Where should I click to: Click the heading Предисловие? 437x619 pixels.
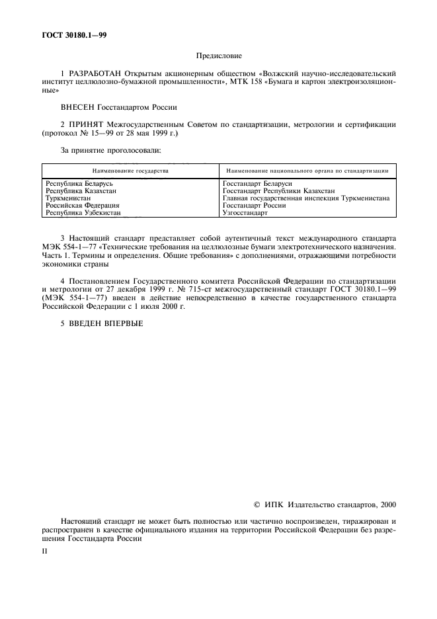click(219, 58)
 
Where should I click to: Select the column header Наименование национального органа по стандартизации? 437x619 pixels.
click(307, 170)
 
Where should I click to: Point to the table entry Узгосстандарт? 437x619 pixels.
click(245, 213)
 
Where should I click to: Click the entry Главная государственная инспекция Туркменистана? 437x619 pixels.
click(306, 198)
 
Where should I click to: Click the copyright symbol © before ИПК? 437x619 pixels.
click(258, 505)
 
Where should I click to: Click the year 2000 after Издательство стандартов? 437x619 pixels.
click(387, 505)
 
